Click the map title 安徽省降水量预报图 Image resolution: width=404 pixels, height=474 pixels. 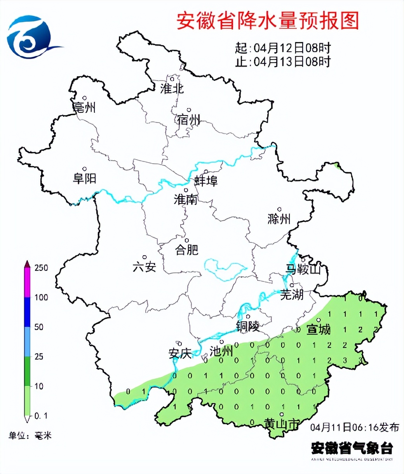(268, 21)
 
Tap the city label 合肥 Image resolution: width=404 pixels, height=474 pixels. (187, 249)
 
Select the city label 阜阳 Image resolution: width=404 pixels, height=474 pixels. (84, 179)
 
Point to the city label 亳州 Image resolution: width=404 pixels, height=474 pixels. (84, 107)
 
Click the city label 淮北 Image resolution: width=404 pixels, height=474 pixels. (172, 88)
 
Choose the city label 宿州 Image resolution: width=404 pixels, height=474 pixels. (188, 119)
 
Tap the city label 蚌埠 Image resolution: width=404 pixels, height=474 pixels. (206, 181)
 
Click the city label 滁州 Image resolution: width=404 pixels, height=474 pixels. (279, 219)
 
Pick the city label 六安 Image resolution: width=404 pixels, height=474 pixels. (144, 267)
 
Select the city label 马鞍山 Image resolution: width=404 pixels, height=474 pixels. (303, 269)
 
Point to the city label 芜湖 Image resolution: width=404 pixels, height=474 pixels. (292, 295)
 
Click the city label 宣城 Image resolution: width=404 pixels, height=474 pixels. (319, 329)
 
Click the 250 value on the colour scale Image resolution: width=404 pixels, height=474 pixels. (41, 268)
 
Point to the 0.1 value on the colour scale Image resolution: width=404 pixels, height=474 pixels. (40, 416)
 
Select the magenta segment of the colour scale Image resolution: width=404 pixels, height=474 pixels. (27, 283)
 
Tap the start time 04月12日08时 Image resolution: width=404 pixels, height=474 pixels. (292, 48)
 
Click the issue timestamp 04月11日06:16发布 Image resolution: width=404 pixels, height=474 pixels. (355, 427)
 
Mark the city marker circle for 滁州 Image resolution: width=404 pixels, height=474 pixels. (279, 209)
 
